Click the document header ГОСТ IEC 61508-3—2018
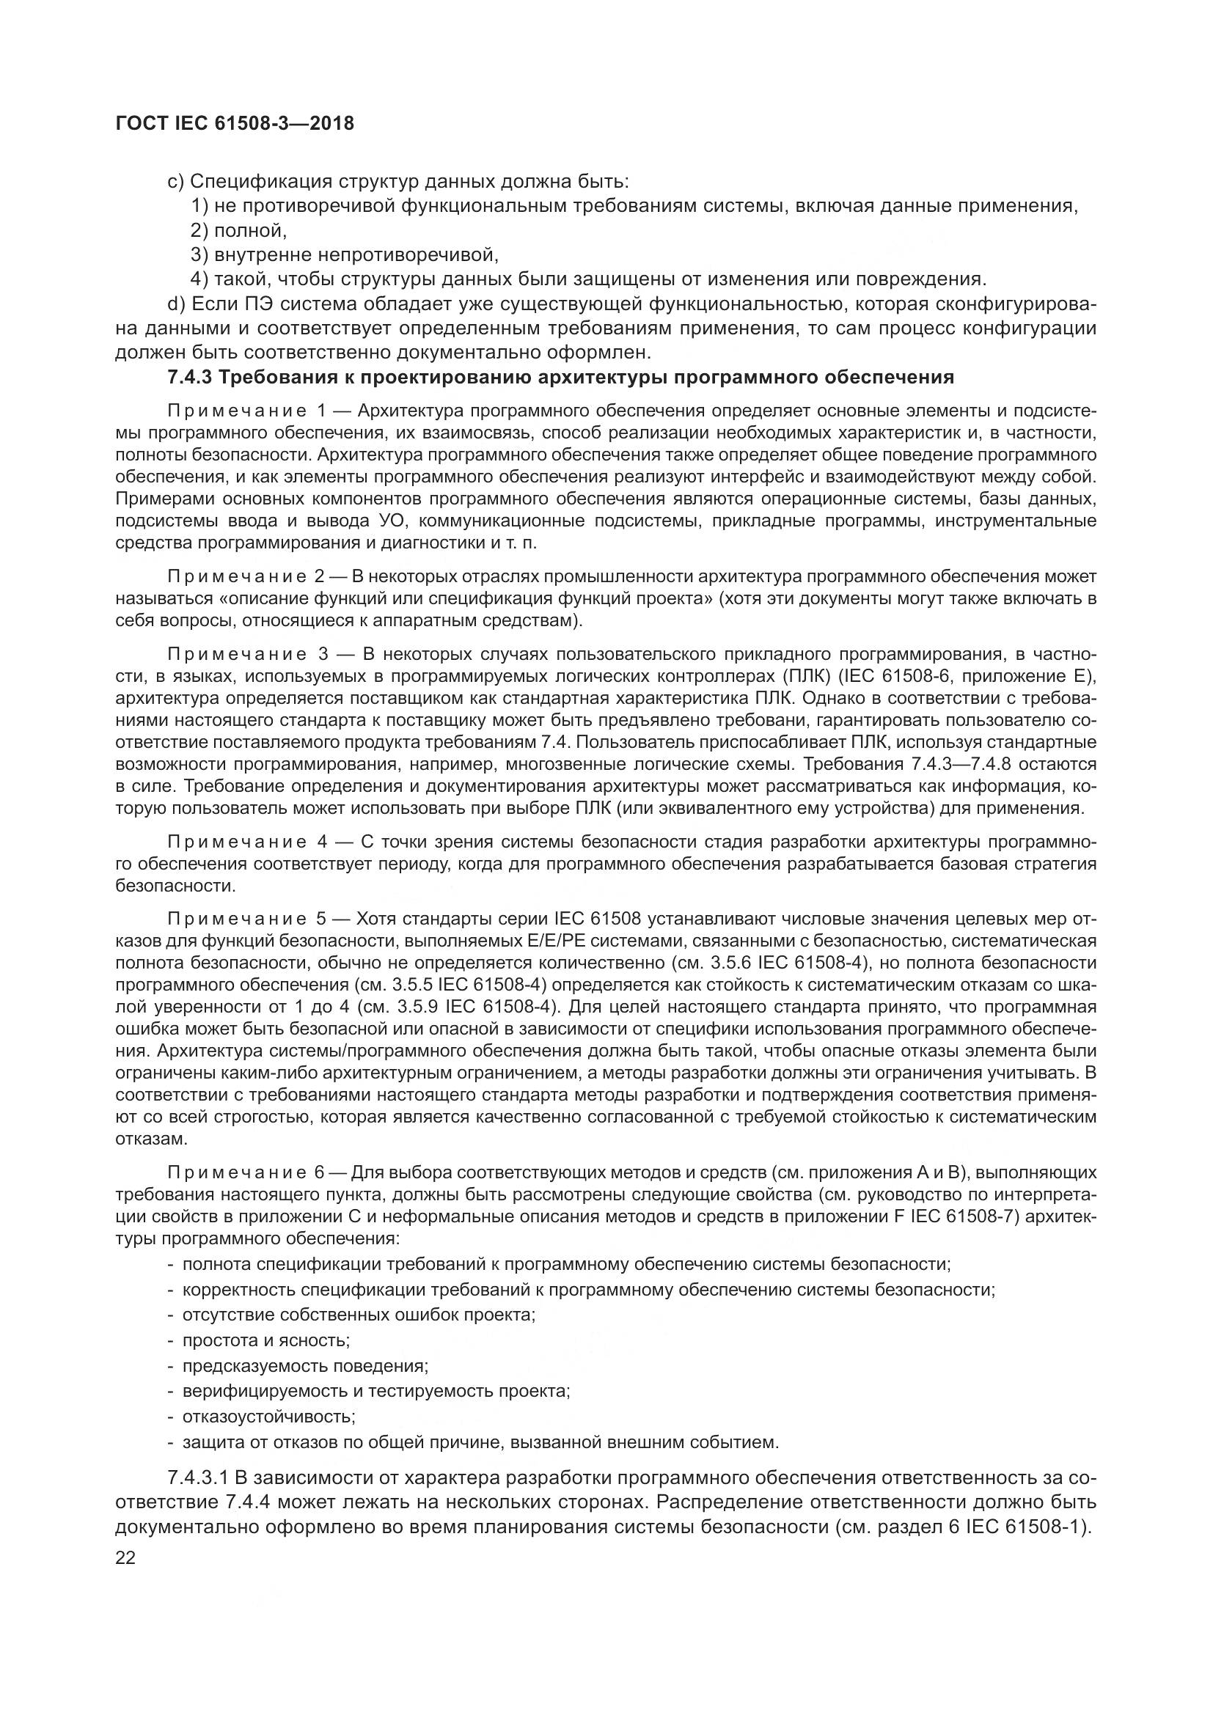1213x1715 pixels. (x=235, y=123)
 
